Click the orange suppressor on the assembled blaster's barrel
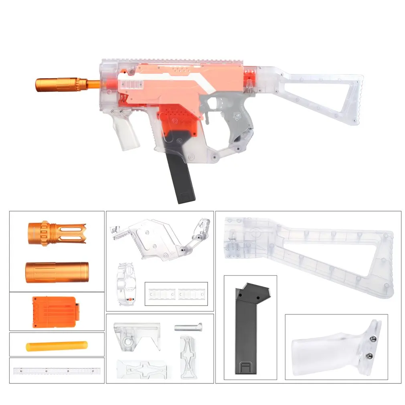(60, 84)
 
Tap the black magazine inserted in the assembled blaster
(186, 176)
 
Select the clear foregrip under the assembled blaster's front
(126, 132)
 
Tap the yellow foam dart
(57, 345)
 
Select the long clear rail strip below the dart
(57, 371)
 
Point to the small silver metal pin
(188, 327)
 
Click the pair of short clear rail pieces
(176, 294)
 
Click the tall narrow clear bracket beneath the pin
(188, 357)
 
